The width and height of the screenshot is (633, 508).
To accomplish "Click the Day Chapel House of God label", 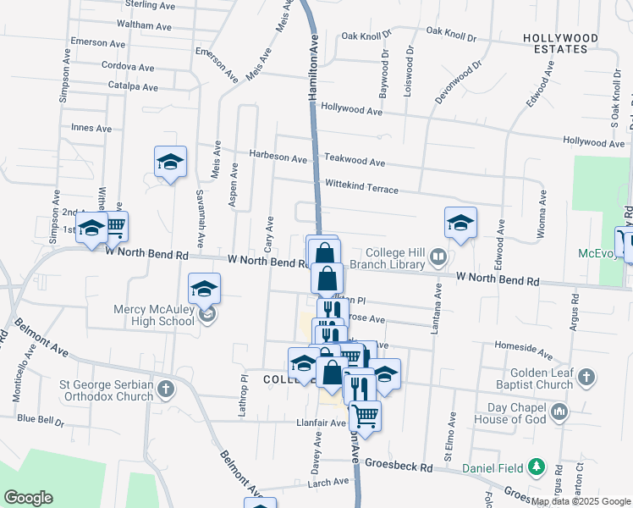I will point(509,413).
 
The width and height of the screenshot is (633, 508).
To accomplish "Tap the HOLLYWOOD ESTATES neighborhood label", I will point(555,43).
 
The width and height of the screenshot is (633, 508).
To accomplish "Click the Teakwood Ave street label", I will point(355,162).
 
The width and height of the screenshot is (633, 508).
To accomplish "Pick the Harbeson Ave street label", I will point(278,157).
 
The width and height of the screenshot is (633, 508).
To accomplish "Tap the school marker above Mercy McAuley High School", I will point(204,288).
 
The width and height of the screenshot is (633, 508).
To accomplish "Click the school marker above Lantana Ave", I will point(460,222).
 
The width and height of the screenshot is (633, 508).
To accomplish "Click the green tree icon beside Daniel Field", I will point(536,467).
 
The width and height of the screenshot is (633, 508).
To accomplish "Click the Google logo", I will point(28,498).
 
